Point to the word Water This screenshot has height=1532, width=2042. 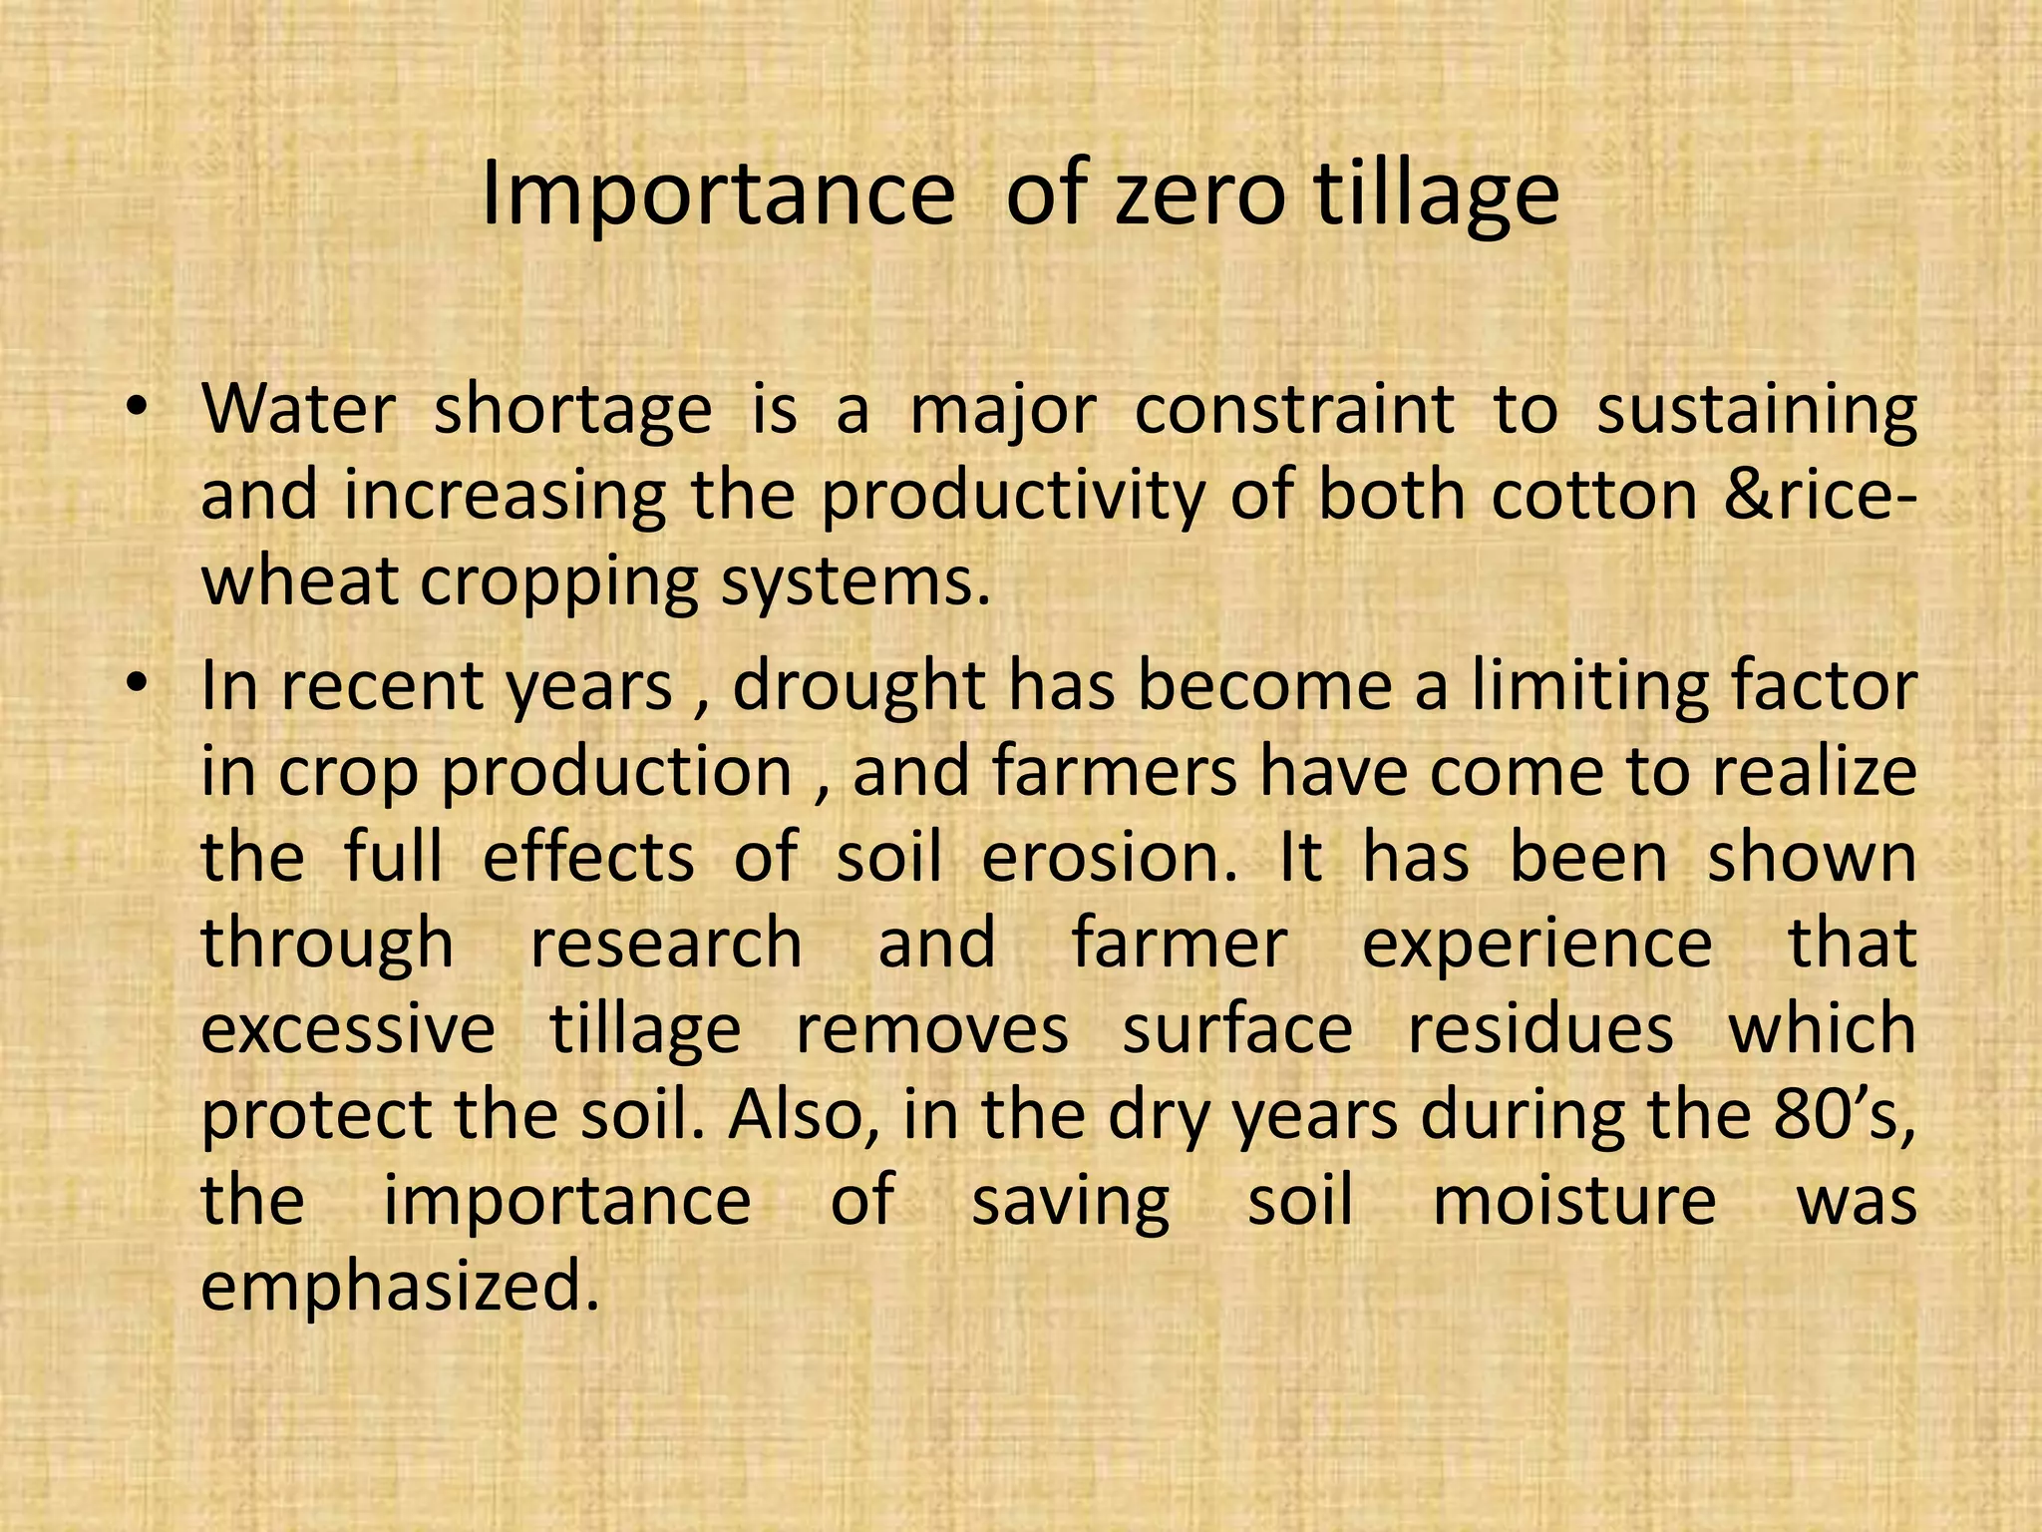pos(299,410)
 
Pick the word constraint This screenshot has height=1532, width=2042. pos(1293,410)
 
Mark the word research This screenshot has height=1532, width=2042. pos(666,944)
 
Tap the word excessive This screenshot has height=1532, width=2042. pos(348,1029)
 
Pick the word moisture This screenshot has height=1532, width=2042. pos(1574,1200)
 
